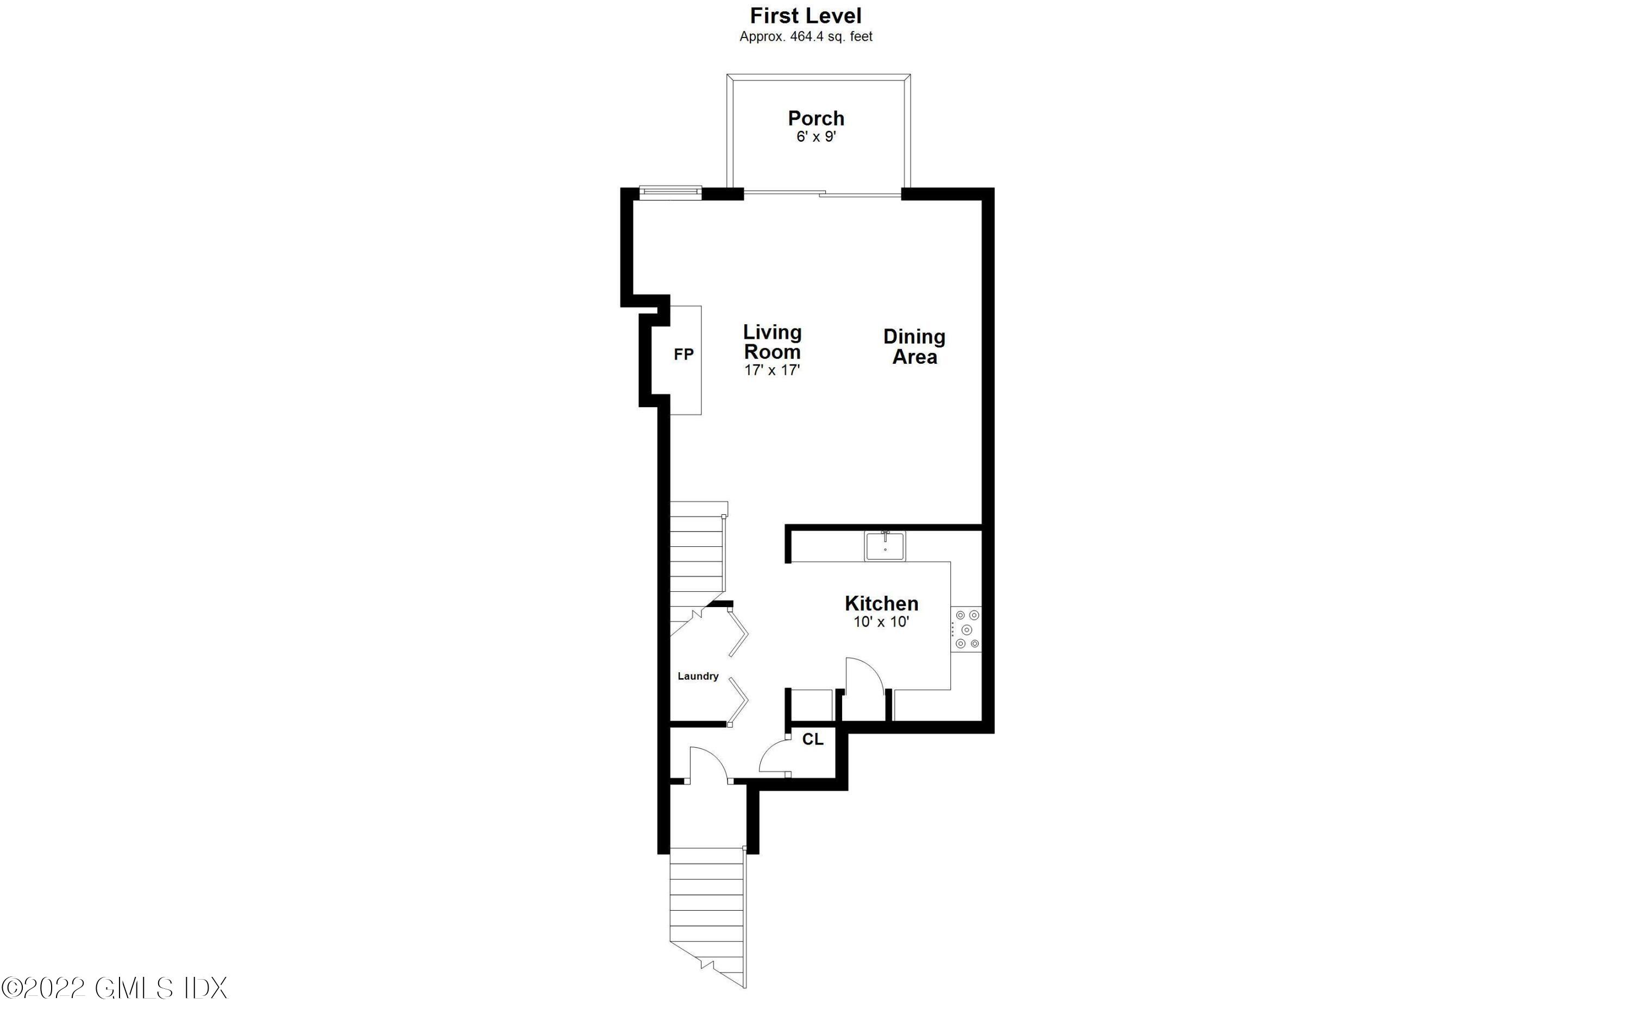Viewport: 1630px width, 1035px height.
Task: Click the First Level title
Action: click(806, 16)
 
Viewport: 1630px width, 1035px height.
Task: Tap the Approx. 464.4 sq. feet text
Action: click(806, 36)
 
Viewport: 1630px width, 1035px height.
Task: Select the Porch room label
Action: click(816, 118)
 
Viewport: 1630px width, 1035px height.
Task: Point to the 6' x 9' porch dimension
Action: click(816, 137)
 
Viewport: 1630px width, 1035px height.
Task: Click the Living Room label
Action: click(772, 342)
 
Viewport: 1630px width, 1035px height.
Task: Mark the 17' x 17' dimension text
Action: click(772, 370)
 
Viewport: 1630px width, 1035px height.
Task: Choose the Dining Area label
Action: click(914, 346)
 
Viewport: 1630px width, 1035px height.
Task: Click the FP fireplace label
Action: click(684, 355)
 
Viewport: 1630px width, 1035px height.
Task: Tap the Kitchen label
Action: click(881, 603)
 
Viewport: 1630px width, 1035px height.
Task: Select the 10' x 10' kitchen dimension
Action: click(881, 622)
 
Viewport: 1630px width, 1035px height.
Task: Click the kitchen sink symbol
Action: click(885, 546)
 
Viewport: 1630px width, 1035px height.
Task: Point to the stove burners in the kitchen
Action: click(967, 630)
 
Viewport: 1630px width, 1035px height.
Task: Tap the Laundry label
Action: click(698, 676)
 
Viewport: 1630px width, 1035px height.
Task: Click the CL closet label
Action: click(812, 740)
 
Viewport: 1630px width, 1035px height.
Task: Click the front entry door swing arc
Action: click(708, 763)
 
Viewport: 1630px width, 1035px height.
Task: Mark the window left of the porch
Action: click(670, 192)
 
